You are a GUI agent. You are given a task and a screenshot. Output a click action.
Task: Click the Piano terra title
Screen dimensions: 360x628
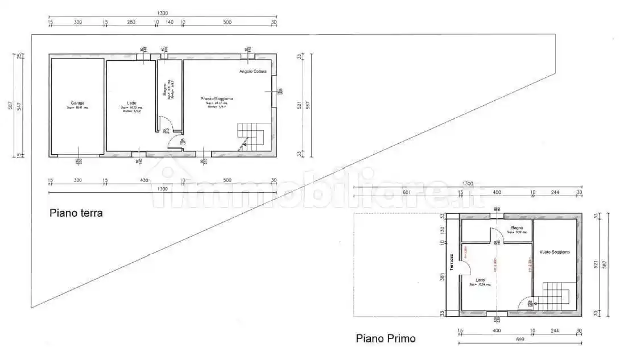coord(76,214)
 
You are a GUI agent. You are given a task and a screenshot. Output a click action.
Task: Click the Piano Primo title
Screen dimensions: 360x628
coord(385,338)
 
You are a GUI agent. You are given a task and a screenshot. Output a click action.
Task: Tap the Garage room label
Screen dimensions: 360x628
coord(77,103)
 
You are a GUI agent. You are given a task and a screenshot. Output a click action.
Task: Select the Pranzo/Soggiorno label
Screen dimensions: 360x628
coord(216,98)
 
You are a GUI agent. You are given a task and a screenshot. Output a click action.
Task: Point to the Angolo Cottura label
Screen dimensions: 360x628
coord(253,71)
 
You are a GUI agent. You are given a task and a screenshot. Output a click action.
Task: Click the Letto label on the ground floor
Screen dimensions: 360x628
coord(131,103)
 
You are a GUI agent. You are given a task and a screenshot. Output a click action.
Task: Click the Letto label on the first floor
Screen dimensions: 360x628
coord(480,279)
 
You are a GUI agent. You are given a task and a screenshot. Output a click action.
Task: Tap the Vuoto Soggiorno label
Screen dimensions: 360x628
coord(556,251)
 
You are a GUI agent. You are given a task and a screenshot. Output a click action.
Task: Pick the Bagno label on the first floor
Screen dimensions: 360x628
coord(517,228)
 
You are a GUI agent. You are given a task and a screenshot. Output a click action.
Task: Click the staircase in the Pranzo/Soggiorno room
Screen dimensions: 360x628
coord(251,136)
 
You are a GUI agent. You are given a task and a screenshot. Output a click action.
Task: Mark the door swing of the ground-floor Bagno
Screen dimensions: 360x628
coord(164,123)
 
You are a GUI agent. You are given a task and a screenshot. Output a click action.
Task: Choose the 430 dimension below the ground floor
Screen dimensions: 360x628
coord(143,180)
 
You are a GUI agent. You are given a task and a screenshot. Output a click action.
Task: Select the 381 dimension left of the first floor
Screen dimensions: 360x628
coord(442,278)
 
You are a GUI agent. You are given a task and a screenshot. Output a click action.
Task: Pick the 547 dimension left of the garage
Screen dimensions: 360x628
coord(19,106)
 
